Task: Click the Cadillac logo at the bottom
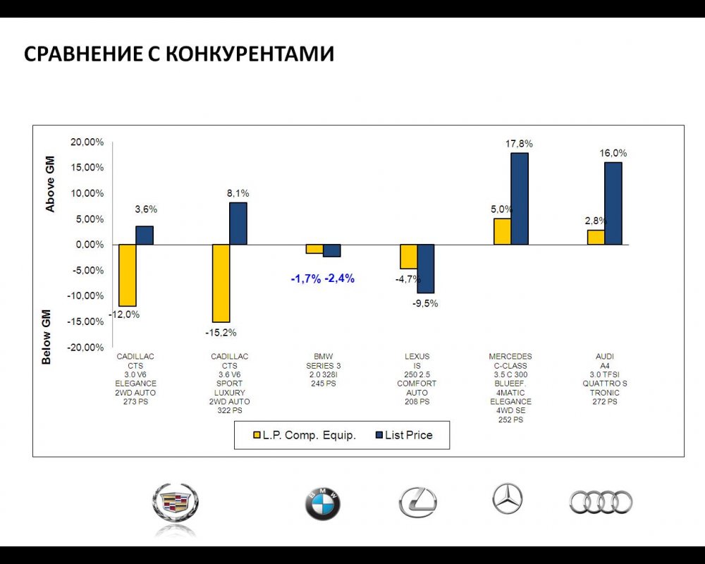coord(176,503)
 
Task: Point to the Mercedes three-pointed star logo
coord(508,499)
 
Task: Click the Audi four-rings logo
coord(601,502)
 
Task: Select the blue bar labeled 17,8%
coord(520,199)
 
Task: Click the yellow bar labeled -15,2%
coord(221,283)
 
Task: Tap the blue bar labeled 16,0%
coord(613,204)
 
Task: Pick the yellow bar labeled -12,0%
coord(128,275)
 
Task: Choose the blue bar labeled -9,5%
coord(426,269)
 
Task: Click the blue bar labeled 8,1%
coord(238,223)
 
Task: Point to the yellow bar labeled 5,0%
coord(502,231)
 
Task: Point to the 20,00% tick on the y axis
coord(88,142)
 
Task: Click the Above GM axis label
coord(50,185)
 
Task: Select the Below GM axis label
coord(47,336)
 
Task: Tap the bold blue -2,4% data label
coord(339,278)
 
